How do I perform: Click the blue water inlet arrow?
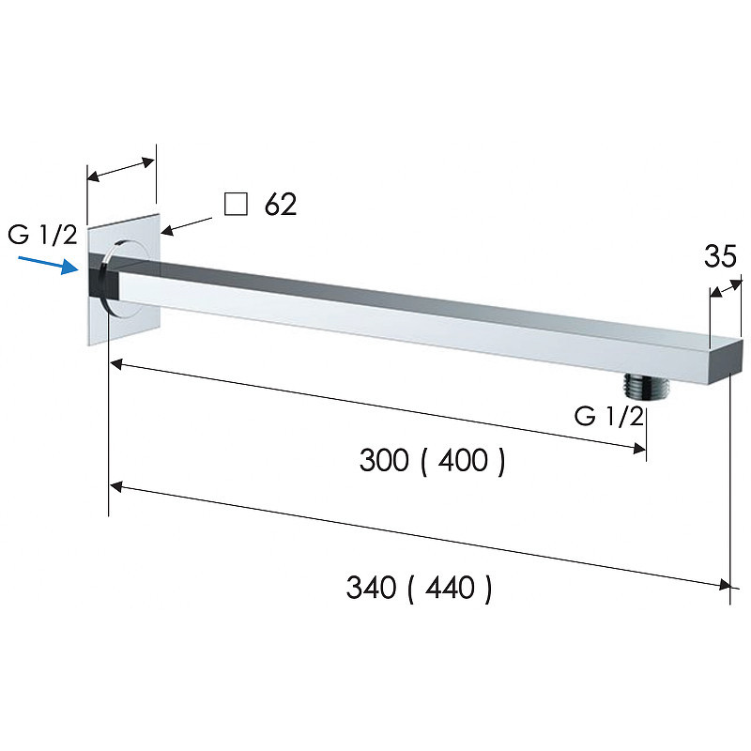(x=49, y=265)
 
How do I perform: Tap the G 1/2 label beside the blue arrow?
(x=42, y=235)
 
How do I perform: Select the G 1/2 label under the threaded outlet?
(x=608, y=416)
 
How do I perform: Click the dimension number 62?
(x=281, y=205)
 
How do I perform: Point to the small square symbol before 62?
(x=237, y=204)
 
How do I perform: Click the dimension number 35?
(x=720, y=256)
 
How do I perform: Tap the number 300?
(x=384, y=460)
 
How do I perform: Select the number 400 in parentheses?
(x=463, y=460)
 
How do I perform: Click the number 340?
(x=371, y=588)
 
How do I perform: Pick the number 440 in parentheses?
(x=450, y=588)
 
